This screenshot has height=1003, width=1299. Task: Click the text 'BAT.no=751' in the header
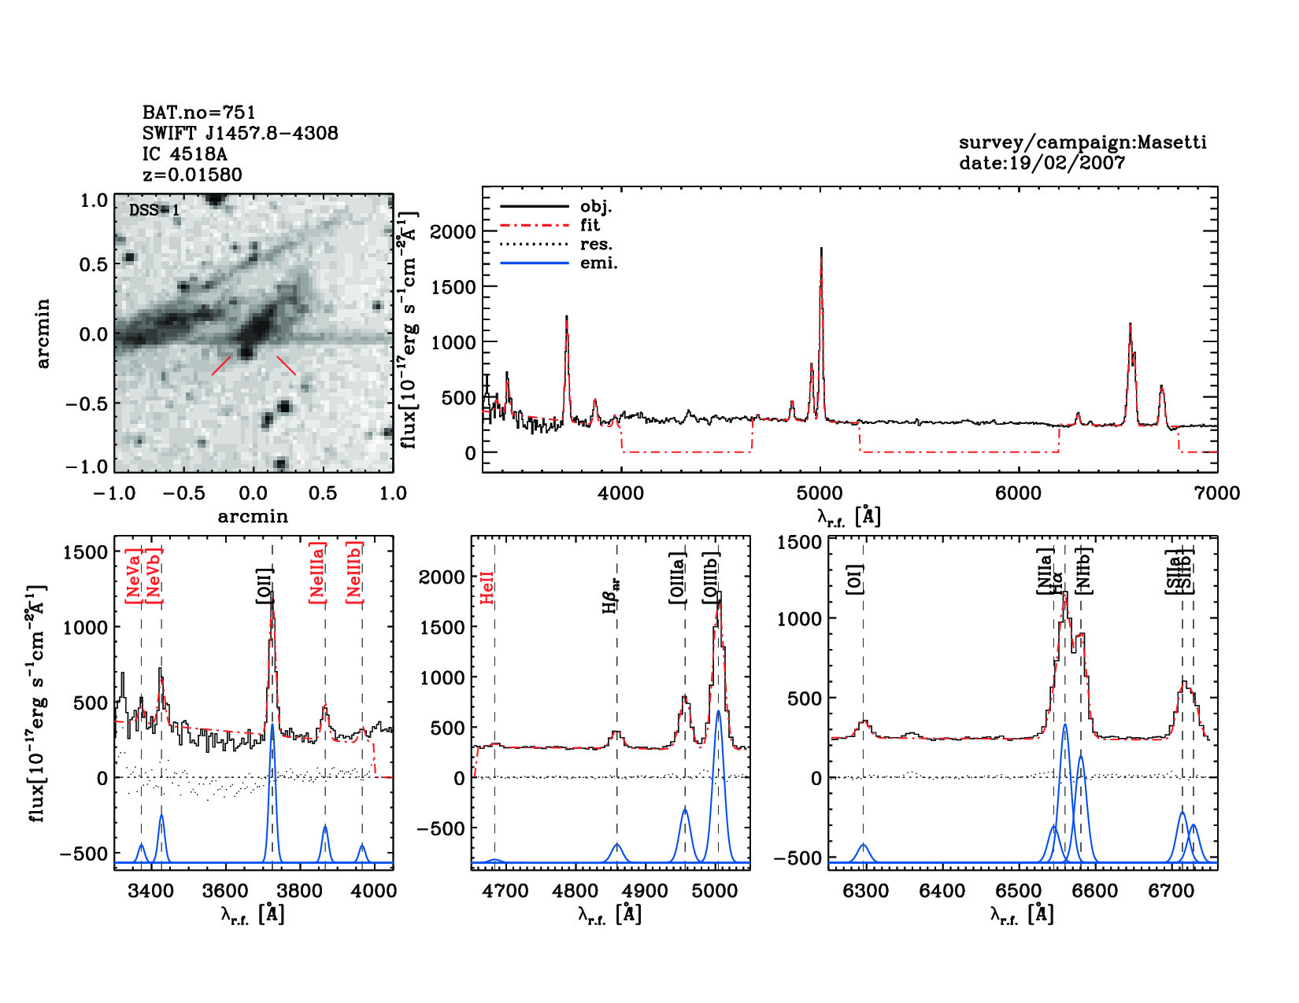pos(198,112)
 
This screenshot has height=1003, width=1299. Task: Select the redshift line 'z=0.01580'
pos(192,175)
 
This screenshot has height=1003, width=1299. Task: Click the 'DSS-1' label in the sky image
pos(154,210)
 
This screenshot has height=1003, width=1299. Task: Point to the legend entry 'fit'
pos(590,225)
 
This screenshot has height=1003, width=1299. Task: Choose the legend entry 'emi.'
pos(598,263)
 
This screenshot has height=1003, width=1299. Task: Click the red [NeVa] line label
pos(133,581)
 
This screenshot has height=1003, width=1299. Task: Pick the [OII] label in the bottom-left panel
pos(265,585)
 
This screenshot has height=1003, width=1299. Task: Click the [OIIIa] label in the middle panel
pos(678,578)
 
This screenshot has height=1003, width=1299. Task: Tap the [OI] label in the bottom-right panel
pos(856,579)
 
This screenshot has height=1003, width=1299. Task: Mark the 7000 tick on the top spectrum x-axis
pos(1216,493)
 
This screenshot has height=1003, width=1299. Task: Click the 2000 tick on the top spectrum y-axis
pos(453,232)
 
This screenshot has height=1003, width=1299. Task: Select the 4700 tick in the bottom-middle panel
pos(505,891)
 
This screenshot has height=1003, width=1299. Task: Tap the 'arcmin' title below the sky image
pos(253,517)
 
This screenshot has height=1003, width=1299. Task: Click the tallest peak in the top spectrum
pos(821,249)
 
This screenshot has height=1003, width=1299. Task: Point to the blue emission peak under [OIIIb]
pos(718,712)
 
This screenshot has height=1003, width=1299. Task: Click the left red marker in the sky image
pos(221,365)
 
